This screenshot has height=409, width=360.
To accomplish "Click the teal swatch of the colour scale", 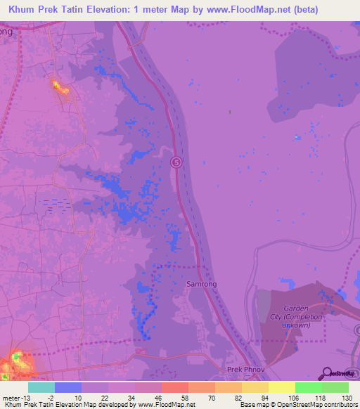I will tap(41, 387).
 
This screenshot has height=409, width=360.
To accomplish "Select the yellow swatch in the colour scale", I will tap(281, 387).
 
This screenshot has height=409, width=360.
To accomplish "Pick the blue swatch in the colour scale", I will tap(68, 387).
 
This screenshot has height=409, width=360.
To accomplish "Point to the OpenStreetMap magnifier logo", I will tap(326, 373).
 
